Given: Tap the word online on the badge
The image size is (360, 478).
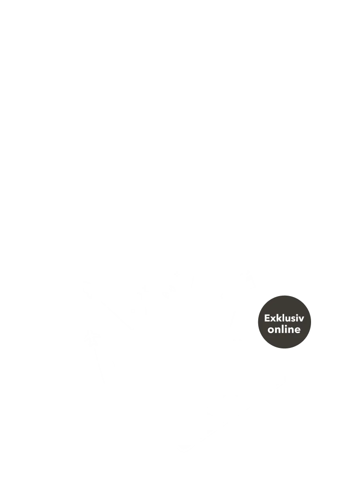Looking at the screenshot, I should click(x=284, y=330).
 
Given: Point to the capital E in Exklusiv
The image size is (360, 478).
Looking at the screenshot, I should click(x=267, y=318).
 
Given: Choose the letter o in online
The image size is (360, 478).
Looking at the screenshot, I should click(x=271, y=330).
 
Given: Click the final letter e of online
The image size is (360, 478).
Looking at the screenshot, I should click(x=297, y=330).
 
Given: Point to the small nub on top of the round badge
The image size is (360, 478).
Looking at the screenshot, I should click(x=284, y=293).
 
